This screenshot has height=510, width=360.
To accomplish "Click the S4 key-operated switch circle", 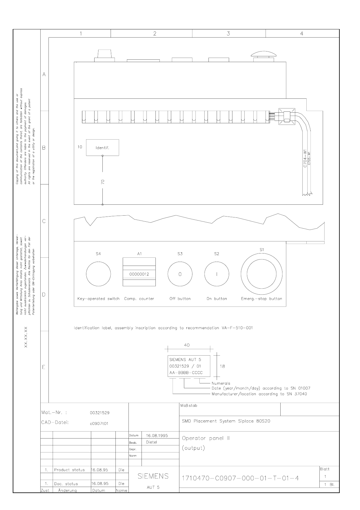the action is [98, 274].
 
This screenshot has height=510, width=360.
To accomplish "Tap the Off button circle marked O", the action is [180, 274].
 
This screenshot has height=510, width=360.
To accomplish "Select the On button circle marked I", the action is [217, 274].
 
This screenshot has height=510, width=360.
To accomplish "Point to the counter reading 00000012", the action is [139, 274].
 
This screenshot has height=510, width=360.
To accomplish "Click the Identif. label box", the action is [102, 148].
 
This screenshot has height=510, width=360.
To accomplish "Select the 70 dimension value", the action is [103, 182].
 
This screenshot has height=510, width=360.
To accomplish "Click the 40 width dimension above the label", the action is [187, 345].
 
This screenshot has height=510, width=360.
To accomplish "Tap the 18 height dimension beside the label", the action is [222, 366].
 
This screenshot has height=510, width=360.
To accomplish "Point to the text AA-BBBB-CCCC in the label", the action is [186, 373].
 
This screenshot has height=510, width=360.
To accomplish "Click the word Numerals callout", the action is [221, 383].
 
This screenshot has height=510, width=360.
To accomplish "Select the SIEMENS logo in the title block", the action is [153, 476].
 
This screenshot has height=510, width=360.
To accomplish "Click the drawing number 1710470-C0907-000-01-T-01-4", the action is [240, 478].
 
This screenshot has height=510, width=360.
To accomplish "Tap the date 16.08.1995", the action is [157, 435].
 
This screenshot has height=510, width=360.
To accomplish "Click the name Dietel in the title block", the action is [152, 442].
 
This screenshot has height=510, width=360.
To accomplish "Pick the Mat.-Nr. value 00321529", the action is [100, 413].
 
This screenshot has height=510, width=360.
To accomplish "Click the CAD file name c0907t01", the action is [99, 423].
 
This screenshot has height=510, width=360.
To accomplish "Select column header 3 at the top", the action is [228, 34].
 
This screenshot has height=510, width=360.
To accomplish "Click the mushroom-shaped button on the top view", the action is [263, 55].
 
